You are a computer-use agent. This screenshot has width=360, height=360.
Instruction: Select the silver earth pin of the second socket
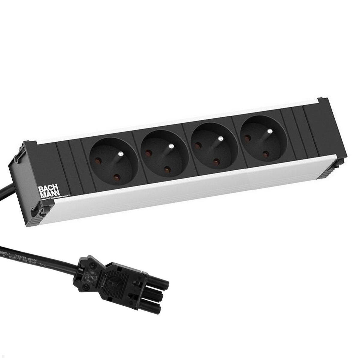point(171,146)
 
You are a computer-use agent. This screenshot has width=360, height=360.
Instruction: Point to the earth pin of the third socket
point(221,139)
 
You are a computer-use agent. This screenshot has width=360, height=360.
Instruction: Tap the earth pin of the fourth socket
point(270,131)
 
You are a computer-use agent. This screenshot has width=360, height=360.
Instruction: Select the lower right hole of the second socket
point(166,170)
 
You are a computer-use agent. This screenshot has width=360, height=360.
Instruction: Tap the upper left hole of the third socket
point(198,145)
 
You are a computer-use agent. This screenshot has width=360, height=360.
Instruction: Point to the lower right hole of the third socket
point(216,162)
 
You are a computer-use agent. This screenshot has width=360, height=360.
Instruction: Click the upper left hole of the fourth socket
point(247,138)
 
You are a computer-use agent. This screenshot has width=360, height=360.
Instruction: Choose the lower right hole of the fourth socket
point(265,154)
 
